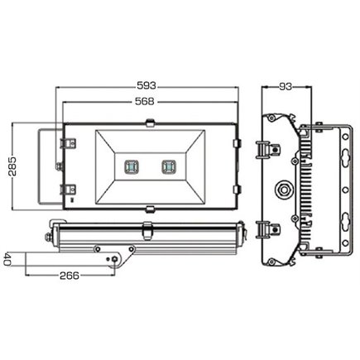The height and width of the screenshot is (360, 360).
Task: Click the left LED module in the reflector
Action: [129, 165]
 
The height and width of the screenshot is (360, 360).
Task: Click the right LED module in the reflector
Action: [170, 165]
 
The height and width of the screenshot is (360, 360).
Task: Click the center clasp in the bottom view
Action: [150, 231]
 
